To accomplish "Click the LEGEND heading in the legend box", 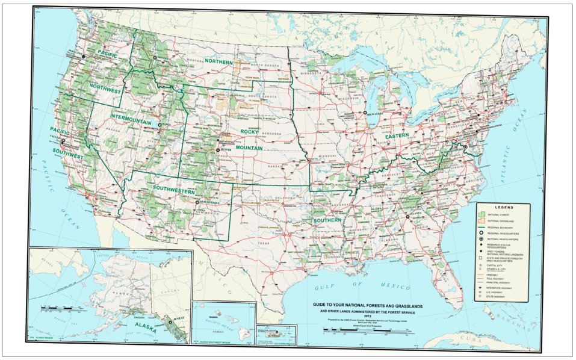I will pyautogui.click(x=503, y=207).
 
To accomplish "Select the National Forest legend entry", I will pyautogui.click(x=497, y=214).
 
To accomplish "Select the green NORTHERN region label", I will pyautogui.click(x=218, y=61).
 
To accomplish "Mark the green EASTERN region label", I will pyautogui.click(x=397, y=136).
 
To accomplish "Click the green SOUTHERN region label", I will pyautogui.click(x=327, y=220).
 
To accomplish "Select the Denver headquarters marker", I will pyautogui.click(x=217, y=149).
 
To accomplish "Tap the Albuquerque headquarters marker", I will pyautogui.click(x=197, y=203).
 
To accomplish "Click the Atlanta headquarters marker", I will pyautogui.click(x=409, y=216).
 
